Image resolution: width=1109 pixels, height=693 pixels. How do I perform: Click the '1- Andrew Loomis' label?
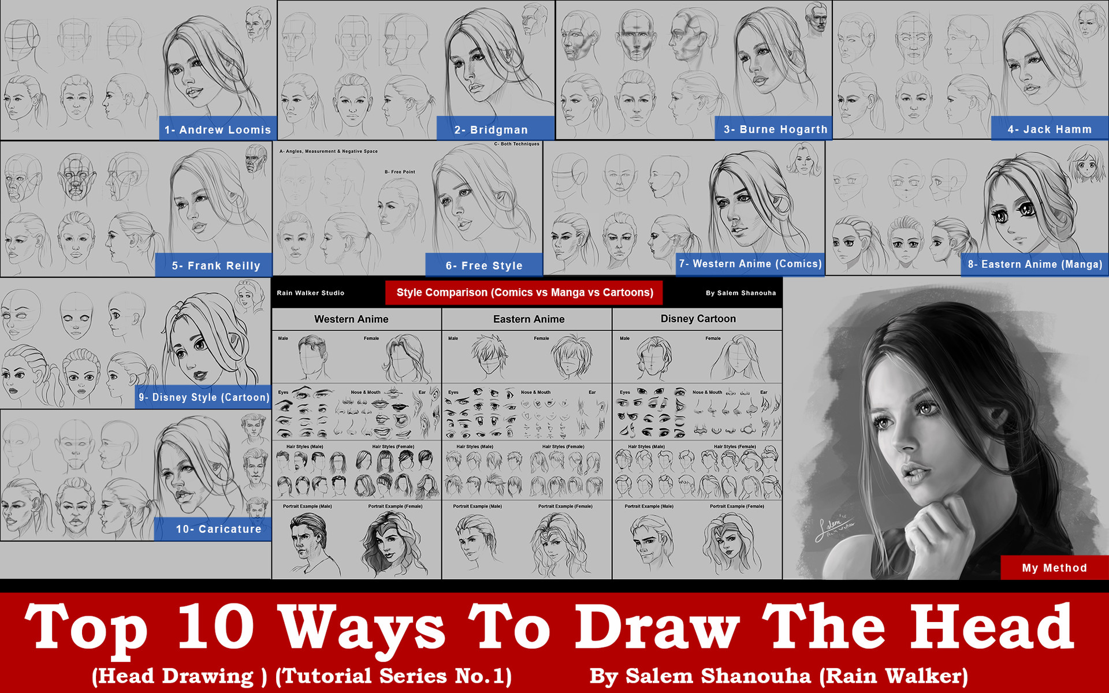pos(218,129)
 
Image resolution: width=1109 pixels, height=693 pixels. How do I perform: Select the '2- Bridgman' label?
pos(491,129)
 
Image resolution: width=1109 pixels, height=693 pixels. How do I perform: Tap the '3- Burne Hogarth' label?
pos(775,129)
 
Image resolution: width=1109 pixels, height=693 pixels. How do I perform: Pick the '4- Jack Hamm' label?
pos(1050,129)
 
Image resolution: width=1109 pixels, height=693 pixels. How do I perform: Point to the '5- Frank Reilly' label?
pos(216,266)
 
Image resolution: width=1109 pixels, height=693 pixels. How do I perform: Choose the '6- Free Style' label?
pos(484,266)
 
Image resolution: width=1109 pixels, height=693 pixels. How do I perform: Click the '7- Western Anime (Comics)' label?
pos(750,264)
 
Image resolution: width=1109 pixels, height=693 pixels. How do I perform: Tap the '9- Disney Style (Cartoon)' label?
pos(204,397)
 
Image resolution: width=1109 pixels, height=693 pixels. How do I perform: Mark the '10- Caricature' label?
pos(218,529)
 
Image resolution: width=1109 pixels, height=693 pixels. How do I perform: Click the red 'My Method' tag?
pos(1054,568)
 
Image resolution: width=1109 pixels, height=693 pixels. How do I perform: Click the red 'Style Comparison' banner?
pos(524,293)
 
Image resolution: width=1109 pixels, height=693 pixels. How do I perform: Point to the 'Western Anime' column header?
pos(351,319)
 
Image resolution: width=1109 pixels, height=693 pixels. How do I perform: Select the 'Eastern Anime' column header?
pos(529,319)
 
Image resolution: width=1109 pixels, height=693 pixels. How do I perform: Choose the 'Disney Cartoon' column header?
pos(698,319)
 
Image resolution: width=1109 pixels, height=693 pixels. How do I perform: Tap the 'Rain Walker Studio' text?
pos(310,293)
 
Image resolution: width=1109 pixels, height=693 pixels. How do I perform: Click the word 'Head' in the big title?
pos(992,627)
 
